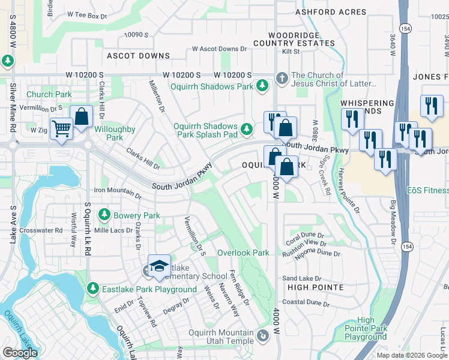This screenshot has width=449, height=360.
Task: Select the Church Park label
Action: (49, 94)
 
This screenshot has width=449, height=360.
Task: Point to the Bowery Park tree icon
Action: (104, 215)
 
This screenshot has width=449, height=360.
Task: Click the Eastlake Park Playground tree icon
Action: (92, 289)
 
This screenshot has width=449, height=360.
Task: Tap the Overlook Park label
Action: (243, 253)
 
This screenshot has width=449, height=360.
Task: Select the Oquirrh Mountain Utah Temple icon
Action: (262, 334)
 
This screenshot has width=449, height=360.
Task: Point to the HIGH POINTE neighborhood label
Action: (313, 287)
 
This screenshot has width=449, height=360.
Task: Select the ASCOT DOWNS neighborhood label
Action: (138, 56)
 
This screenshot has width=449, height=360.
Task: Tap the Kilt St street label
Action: (291, 52)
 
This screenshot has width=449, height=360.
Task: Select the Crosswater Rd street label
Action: (41, 230)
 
